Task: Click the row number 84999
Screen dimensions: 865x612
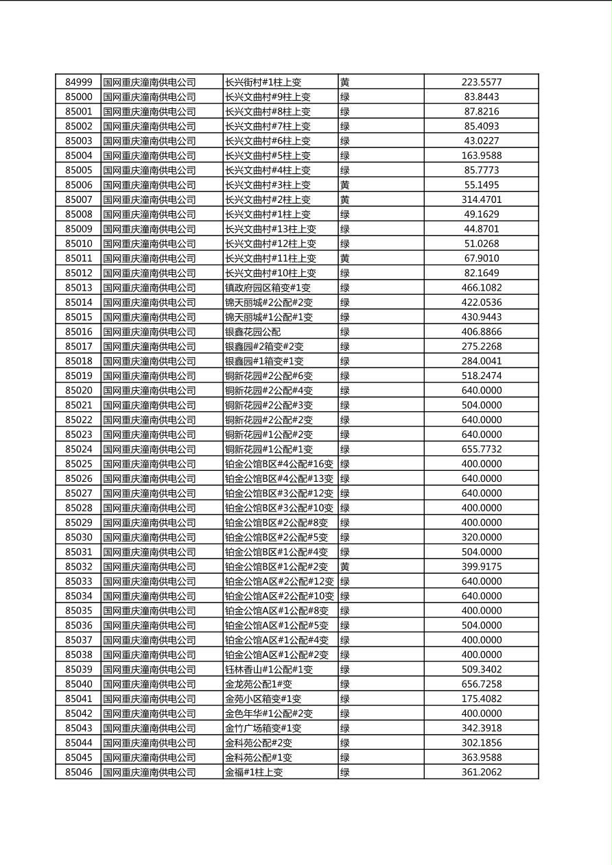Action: tap(78, 82)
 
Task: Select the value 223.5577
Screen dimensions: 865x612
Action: tap(481, 82)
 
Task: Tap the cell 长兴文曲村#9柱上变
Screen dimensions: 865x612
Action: tap(268, 97)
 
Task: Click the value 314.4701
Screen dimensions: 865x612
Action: tap(481, 199)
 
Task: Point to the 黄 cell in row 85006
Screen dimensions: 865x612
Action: tap(345, 185)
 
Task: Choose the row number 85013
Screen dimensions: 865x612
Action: tap(78, 288)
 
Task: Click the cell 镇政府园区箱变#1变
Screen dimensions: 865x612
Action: tap(268, 288)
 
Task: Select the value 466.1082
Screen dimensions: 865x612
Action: tap(481, 288)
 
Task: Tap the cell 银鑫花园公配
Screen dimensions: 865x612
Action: tap(252, 332)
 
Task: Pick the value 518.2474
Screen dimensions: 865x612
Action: tap(481, 376)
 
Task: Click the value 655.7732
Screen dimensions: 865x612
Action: tap(481, 449)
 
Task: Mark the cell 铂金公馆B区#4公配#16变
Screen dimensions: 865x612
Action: tap(279, 464)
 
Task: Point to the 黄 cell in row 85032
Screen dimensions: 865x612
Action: tap(345, 567)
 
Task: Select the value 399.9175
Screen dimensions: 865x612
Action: tap(481, 567)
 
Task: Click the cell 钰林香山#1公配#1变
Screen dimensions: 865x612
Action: tap(269, 670)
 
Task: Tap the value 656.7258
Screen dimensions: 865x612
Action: tap(481, 684)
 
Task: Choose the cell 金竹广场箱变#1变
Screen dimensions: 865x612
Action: tap(263, 728)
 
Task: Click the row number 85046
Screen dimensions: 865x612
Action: tap(78, 772)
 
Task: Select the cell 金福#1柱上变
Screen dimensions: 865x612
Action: tap(254, 772)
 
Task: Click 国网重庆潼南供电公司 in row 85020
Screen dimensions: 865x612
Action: tap(150, 391)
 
